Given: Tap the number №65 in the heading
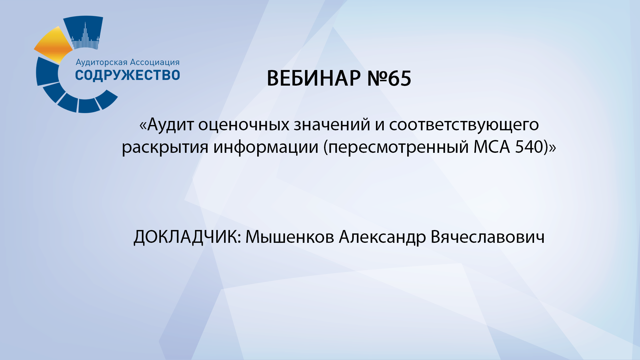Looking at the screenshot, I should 389,78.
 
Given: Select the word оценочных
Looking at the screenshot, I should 244,124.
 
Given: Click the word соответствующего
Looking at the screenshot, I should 464,124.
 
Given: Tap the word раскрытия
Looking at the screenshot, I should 165,147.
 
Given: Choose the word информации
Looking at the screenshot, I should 266,147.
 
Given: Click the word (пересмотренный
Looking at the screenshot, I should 396,147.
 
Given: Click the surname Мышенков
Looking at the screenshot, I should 290,237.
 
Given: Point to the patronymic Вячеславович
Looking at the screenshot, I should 487,237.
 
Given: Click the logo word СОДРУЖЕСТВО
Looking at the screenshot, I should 127,75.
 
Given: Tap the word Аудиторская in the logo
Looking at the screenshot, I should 102,62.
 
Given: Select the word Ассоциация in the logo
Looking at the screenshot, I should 155,62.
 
